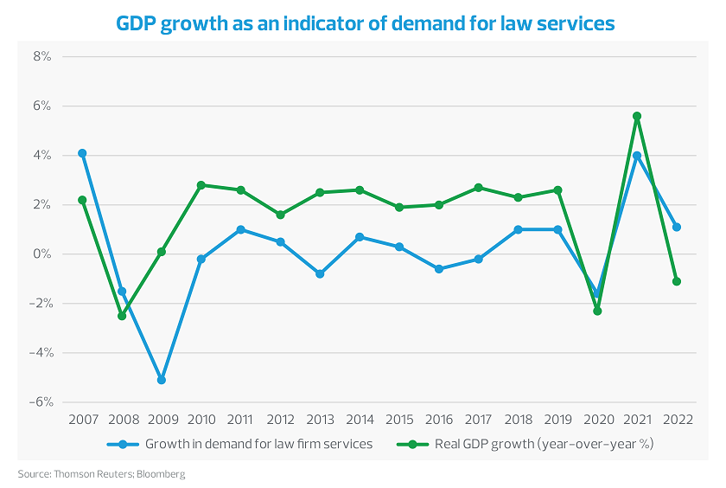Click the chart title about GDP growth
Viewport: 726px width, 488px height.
click(x=363, y=23)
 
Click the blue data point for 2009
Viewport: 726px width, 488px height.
click(x=161, y=380)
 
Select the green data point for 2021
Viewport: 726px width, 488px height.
click(x=637, y=116)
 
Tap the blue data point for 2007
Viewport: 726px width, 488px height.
click(x=82, y=153)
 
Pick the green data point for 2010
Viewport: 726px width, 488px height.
click(x=201, y=185)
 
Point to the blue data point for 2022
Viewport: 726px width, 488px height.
click(x=677, y=227)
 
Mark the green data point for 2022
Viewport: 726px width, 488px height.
click(x=677, y=281)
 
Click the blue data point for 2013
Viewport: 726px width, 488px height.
click(x=320, y=274)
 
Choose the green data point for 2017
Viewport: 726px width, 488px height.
click(x=479, y=188)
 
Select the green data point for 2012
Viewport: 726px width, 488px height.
click(x=280, y=215)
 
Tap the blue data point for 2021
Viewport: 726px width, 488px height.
click(x=637, y=156)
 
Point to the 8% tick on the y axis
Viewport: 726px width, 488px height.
click(x=42, y=57)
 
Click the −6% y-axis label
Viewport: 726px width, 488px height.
click(x=40, y=402)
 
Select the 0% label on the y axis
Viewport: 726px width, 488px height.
click(x=42, y=254)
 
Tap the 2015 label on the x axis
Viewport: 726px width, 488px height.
click(x=399, y=420)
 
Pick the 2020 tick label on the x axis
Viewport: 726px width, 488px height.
click(x=597, y=420)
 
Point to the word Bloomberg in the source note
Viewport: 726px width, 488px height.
click(x=162, y=474)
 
